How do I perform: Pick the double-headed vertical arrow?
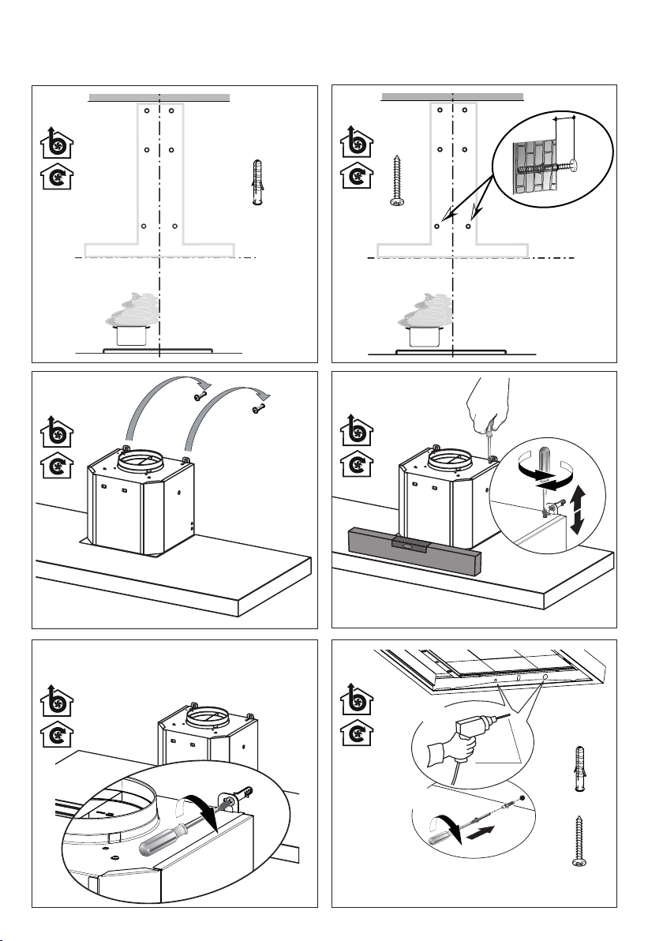[579, 511]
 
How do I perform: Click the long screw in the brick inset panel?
[398, 181]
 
